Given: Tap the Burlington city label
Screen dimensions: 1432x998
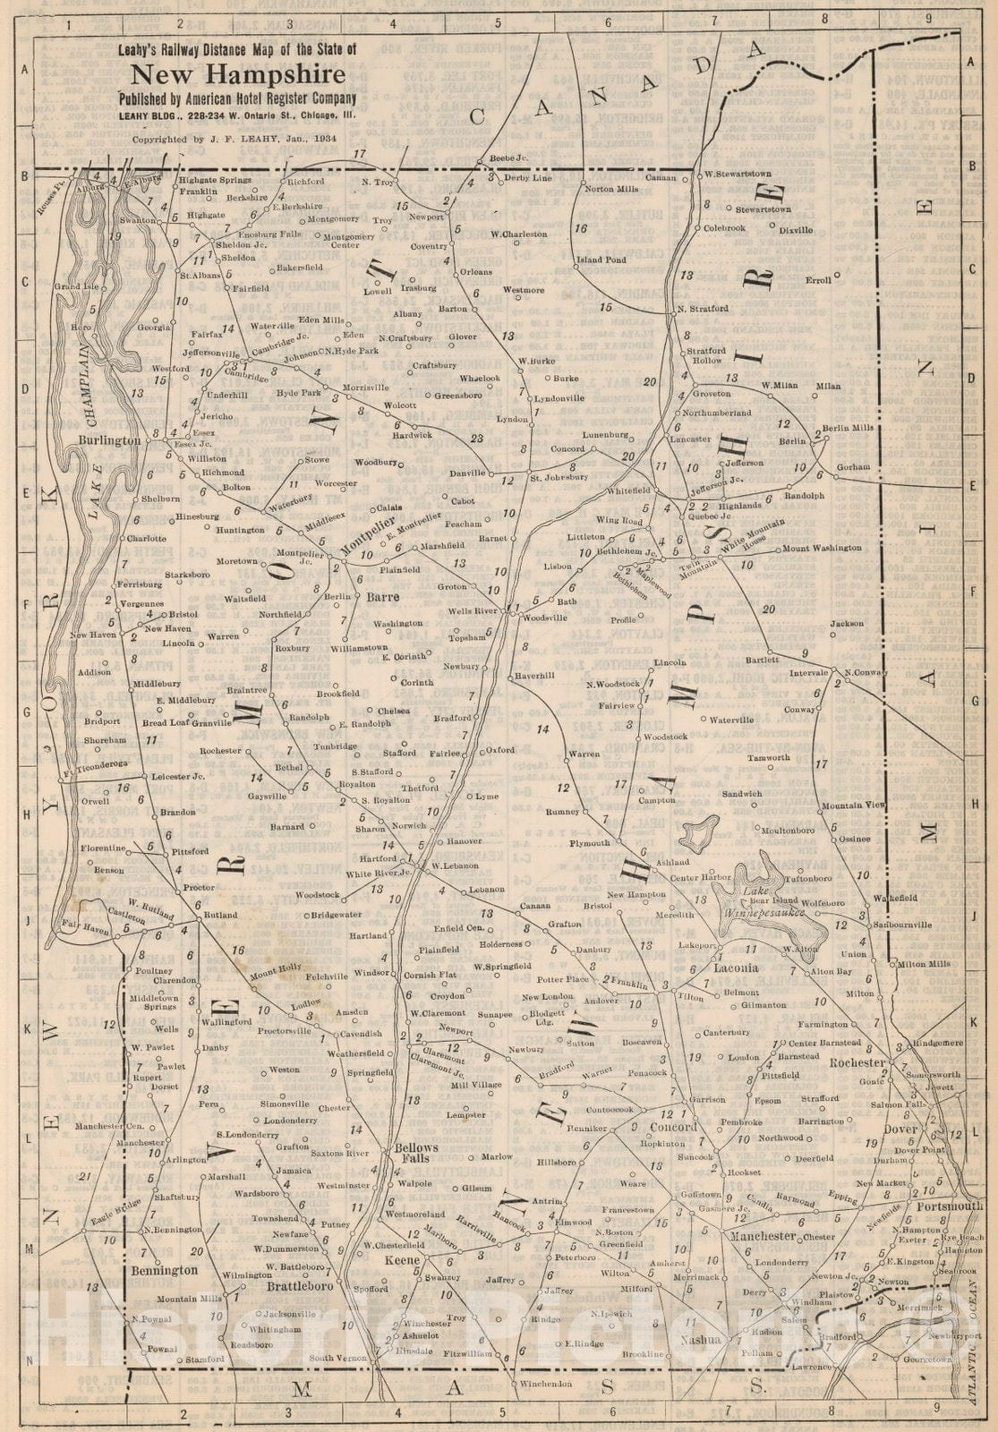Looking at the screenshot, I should click(x=109, y=441).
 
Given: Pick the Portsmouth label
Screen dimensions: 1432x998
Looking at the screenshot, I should click(x=949, y=1206).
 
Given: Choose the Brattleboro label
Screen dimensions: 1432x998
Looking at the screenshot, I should click(x=300, y=1286).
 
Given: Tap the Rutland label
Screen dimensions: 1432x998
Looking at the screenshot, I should click(x=220, y=916).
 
